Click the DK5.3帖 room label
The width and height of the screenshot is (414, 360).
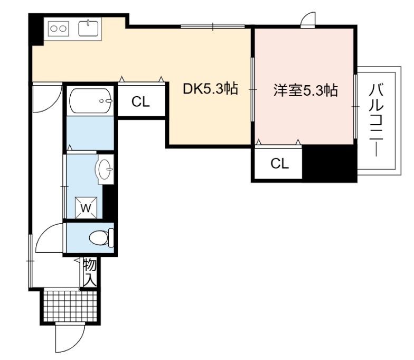click(210, 89)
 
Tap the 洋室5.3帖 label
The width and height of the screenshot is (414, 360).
click(305, 90)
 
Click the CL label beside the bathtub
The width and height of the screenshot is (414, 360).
click(140, 101)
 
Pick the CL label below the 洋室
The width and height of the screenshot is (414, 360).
click(280, 164)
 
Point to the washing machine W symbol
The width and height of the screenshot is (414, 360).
click(86, 208)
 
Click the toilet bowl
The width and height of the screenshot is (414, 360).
click(101, 237)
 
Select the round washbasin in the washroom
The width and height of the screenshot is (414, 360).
click(106, 169)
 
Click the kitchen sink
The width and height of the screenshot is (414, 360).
click(88, 29)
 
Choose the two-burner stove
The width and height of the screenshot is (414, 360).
click(58, 29)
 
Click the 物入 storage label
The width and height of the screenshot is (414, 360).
click(90, 273)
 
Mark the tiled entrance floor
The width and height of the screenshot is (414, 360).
click(70, 306)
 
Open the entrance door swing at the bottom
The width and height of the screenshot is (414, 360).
click(70, 338)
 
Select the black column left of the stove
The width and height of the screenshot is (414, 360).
click(36, 30)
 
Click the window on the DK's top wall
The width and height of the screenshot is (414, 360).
click(213, 26)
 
